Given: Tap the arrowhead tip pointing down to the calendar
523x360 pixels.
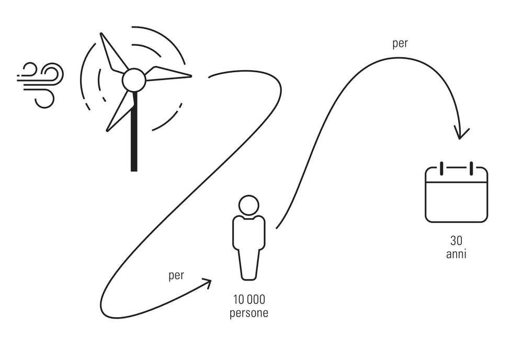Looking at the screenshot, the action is [460, 139].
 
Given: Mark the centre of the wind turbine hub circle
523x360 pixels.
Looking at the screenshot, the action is [134, 80].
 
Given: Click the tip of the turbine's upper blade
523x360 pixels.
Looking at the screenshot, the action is [101, 33].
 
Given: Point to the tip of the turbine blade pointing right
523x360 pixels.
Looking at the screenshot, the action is [191, 76].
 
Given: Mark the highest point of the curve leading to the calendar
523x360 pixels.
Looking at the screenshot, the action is [396, 58].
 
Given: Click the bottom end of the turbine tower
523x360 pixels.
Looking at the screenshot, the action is [134, 171].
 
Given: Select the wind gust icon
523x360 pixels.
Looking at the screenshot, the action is [40, 85].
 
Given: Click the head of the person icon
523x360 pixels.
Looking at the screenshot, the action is [249, 205].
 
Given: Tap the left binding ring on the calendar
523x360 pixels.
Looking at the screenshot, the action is [441, 168].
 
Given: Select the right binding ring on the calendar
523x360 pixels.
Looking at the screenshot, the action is [471, 168].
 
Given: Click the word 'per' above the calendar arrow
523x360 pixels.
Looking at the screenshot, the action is [400, 44].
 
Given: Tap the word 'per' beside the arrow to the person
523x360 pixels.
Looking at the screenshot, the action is [176, 276].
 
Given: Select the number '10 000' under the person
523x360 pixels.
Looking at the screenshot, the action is [249, 300].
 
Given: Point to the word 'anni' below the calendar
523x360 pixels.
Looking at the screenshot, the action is [456, 254].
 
